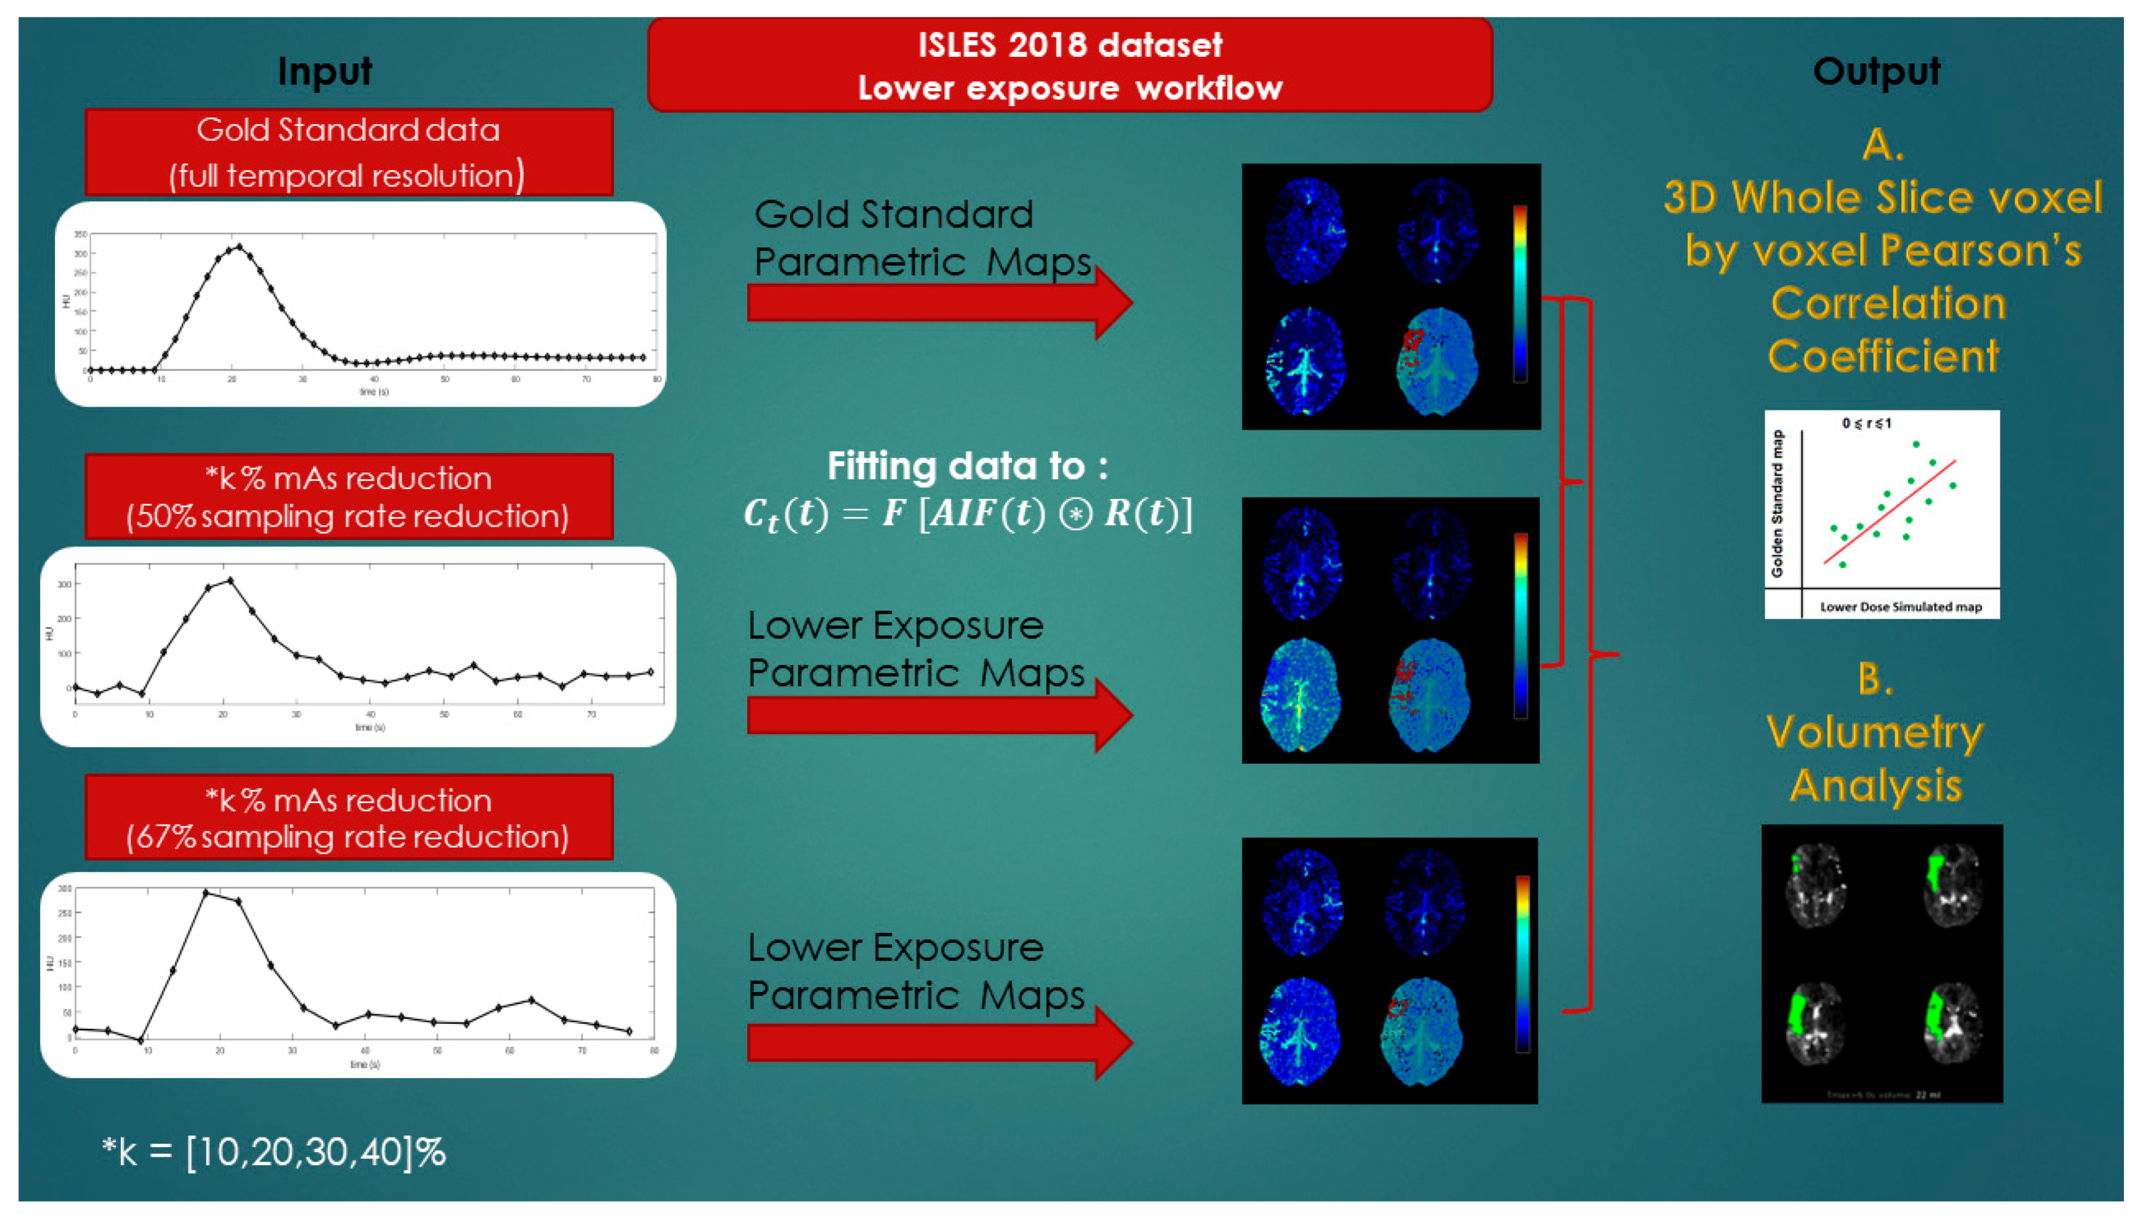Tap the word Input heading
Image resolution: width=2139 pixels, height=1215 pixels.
pyautogui.click(x=325, y=71)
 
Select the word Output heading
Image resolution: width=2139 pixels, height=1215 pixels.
pyautogui.click(x=1876, y=71)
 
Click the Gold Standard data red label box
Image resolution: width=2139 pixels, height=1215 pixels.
pyautogui.click(x=349, y=152)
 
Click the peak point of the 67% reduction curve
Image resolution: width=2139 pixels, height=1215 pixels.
pyautogui.click(x=206, y=893)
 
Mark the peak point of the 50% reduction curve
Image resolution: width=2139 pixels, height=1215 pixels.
pyautogui.click(x=230, y=580)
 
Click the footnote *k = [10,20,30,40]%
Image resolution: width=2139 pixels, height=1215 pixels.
pyautogui.click(x=274, y=1152)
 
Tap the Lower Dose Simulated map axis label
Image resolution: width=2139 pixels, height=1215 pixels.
pyautogui.click(x=1900, y=607)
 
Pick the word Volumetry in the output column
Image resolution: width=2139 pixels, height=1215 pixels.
pyautogui.click(x=1875, y=733)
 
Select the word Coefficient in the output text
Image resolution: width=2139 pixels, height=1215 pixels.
pyautogui.click(x=1883, y=357)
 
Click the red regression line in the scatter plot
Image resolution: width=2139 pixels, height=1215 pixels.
pyautogui.click(x=1890, y=511)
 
